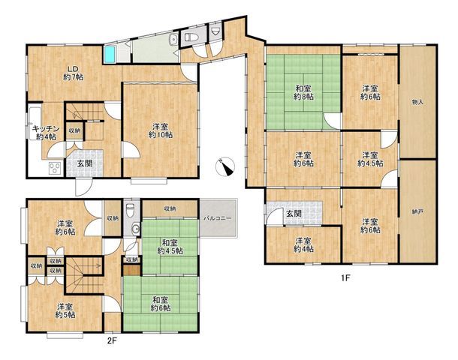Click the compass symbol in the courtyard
click(x=225, y=166)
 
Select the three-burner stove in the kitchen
click(x=55, y=168)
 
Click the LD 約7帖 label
click(x=73, y=73)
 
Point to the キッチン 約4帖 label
click(x=46, y=133)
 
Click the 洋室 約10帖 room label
click(x=161, y=130)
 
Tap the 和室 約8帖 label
click(x=303, y=92)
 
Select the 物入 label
click(x=417, y=103)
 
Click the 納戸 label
click(x=417, y=212)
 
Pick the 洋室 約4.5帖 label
click(x=370, y=159)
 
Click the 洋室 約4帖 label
click(x=304, y=245)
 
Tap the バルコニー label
click(x=218, y=218)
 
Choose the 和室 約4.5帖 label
click(x=170, y=247)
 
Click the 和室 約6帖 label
click(x=161, y=304)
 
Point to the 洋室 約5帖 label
click(x=65, y=310)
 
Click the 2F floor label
click(x=112, y=340)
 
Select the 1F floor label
click(x=345, y=278)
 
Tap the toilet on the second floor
click(x=130, y=209)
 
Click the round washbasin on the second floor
click(x=135, y=229)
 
